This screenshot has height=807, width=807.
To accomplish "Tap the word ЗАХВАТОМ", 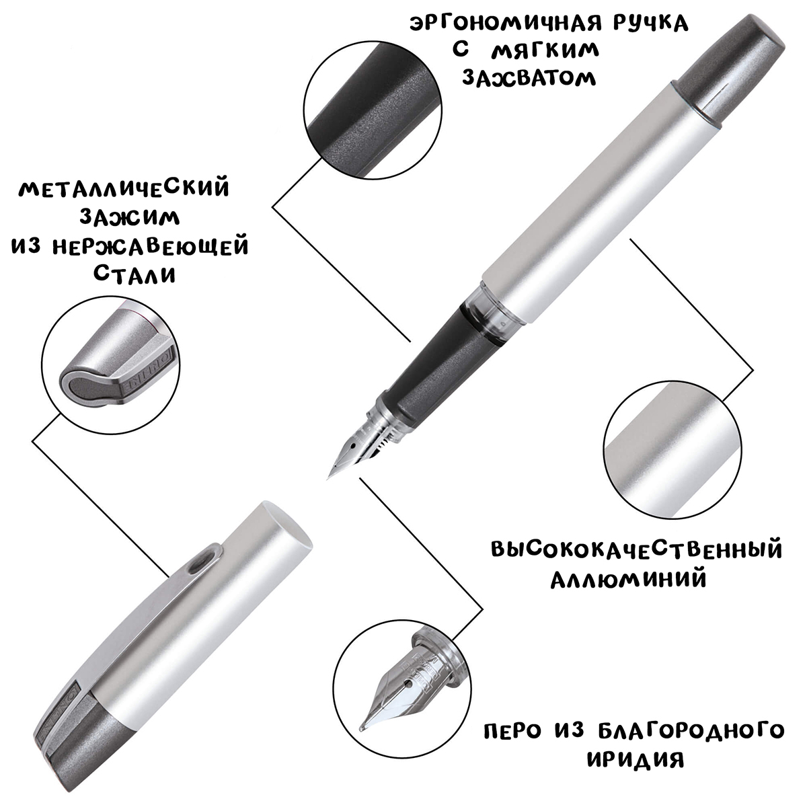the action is tap(529, 78).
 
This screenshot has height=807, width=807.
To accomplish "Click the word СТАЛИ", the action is tap(134, 274).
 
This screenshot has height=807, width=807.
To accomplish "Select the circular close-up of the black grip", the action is tap(373, 110).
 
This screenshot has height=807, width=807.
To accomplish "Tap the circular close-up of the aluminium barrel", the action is tap(673, 449).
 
